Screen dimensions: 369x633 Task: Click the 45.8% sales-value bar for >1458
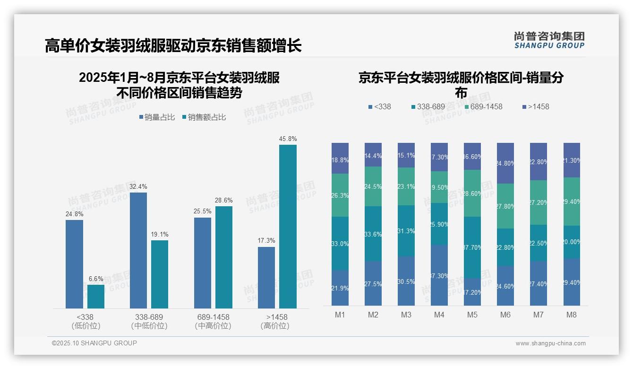(288, 227)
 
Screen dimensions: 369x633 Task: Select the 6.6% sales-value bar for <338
(96, 297)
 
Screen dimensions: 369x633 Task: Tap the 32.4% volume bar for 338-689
(138, 250)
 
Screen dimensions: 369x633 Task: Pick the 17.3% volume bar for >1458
(266, 278)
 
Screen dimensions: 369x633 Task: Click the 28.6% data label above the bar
(223, 201)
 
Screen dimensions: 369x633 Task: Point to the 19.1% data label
(160, 234)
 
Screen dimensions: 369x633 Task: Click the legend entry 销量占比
(157, 117)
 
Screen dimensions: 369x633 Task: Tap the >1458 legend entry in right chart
(536, 107)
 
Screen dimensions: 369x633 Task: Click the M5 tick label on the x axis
(472, 315)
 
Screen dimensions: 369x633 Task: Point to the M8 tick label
(572, 315)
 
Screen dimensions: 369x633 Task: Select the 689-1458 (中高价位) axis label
(213, 321)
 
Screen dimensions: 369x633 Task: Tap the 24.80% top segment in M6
(505, 163)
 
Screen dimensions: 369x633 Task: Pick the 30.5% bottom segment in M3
(406, 281)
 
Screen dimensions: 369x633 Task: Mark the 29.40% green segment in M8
(572, 202)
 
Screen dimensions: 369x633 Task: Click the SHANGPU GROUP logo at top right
(549, 40)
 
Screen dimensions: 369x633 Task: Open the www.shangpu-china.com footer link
(550, 343)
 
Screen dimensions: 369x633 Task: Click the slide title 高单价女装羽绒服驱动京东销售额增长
(173, 46)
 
